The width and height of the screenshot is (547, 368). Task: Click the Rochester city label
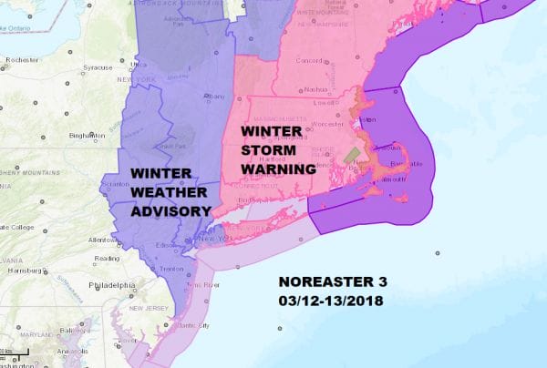coord(19,60)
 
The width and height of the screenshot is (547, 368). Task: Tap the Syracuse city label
coord(97,67)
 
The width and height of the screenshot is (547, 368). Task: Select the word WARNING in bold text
coord(278,169)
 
